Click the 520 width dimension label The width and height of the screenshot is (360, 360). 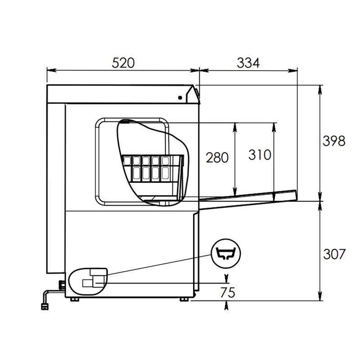point(123,63)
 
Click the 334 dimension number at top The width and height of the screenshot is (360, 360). point(248,63)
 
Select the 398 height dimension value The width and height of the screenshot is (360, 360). point(334,141)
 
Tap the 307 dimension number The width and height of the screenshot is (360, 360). point(334,254)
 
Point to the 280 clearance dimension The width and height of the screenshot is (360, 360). point(217,157)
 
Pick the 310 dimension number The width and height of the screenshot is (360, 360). point(260,155)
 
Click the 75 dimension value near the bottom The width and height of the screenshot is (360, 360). point(228,292)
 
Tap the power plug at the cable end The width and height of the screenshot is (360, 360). point(45,307)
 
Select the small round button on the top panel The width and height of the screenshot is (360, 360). point(180,97)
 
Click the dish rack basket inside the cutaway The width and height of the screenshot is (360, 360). point(153,169)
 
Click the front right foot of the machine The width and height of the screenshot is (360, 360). point(184,299)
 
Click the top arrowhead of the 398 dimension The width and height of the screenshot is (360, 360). point(319,89)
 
